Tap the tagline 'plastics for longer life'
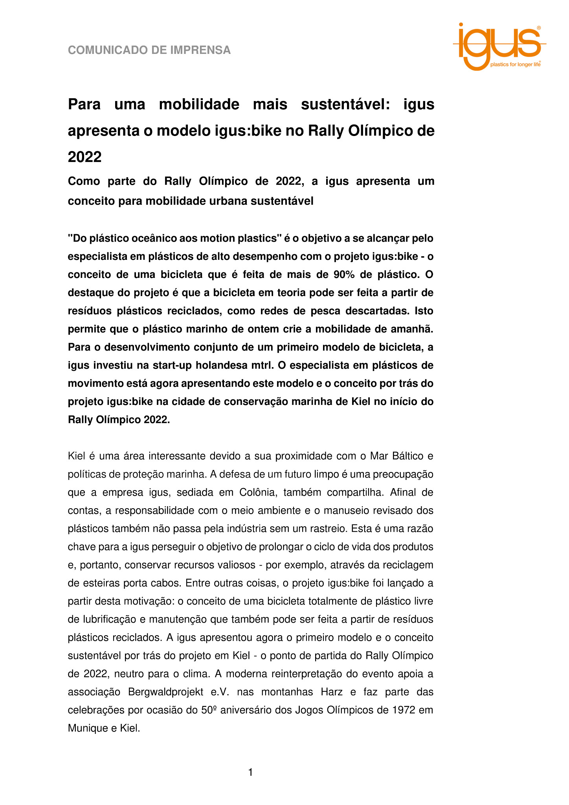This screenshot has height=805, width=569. coord(515,64)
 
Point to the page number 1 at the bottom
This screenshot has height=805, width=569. coord(250,773)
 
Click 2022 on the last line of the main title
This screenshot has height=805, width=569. coord(84,157)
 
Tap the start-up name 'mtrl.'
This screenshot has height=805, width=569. coord(262,366)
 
